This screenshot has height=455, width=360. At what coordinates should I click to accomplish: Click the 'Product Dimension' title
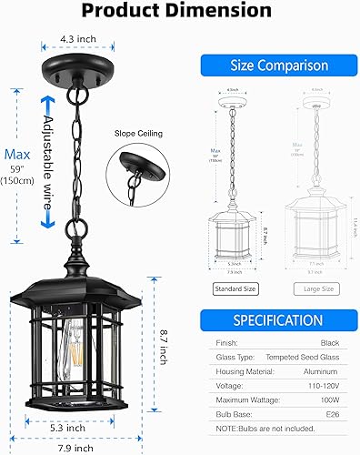pos(179,12)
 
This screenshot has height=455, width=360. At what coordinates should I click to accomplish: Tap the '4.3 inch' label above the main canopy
pos(77,40)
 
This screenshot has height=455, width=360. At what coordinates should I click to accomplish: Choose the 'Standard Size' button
pos(235,288)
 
